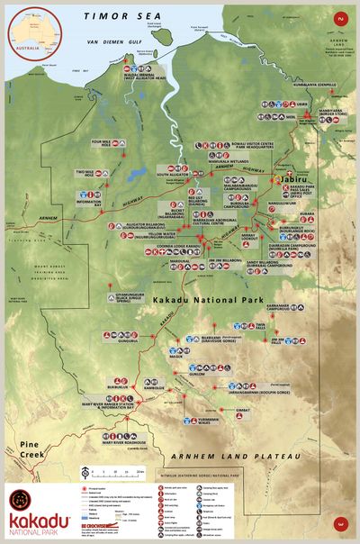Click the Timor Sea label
pos(118,16)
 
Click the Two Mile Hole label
pos(85,171)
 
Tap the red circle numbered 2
pos(340,18)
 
